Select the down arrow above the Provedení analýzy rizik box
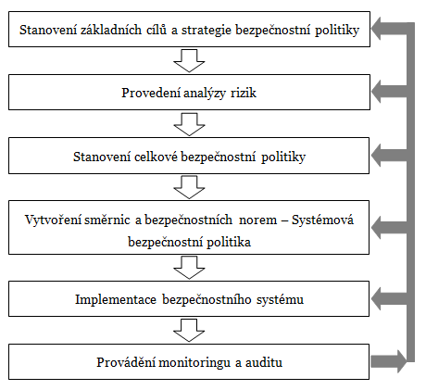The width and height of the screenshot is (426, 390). [x=189, y=62]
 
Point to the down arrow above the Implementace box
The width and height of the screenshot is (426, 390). [x=189, y=268]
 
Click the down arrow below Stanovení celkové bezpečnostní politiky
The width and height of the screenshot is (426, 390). [x=189, y=185]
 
